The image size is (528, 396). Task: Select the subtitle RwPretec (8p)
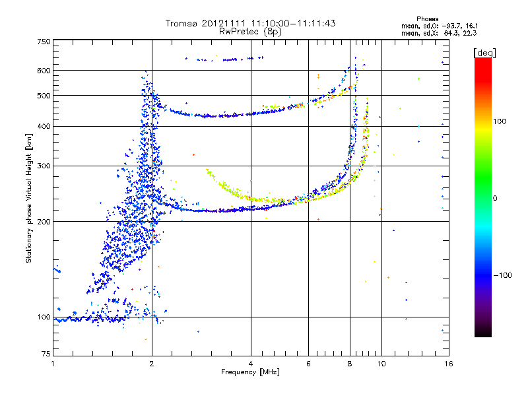pyautogui.click(x=250, y=32)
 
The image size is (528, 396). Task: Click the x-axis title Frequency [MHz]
pyautogui.click(x=250, y=372)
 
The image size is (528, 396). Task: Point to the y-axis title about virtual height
pyautogui.click(x=28, y=199)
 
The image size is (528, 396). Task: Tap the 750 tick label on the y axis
pyautogui.click(x=44, y=42)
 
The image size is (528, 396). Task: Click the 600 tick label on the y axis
pyautogui.click(x=44, y=71)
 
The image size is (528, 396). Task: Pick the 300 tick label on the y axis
pyautogui.click(x=44, y=166)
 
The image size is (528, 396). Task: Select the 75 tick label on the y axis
pyautogui.click(x=46, y=354)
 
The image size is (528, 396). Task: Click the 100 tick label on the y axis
pyautogui.click(x=44, y=317)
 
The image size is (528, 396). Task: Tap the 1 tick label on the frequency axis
pyautogui.click(x=53, y=364)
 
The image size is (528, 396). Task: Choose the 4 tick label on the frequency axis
pyautogui.click(x=251, y=364)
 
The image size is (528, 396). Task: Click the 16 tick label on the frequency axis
pyautogui.click(x=449, y=364)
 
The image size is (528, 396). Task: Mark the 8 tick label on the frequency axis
pyautogui.click(x=350, y=364)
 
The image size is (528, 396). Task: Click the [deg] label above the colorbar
pyautogui.click(x=484, y=53)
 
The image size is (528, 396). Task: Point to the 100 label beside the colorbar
pyautogui.click(x=500, y=121)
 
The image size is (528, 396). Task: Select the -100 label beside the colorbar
pyautogui.click(x=502, y=275)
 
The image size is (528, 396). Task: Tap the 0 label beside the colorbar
pyautogui.click(x=495, y=199)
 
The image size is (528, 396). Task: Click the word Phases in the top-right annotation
pyautogui.click(x=427, y=19)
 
